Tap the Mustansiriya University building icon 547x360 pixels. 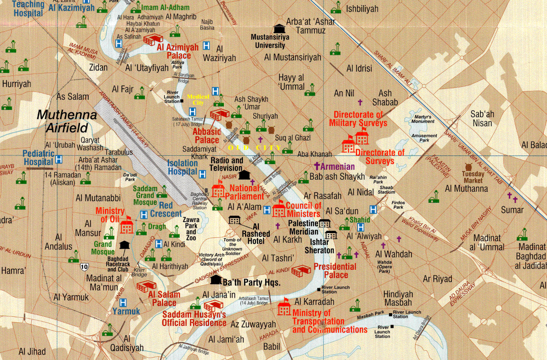click(279, 29)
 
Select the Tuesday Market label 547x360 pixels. click(473, 177)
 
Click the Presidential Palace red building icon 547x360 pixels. click(301, 271)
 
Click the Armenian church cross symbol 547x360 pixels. click(316, 166)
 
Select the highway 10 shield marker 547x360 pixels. click(84, 266)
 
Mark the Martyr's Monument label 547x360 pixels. click(423, 119)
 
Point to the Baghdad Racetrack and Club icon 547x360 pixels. click(124, 245)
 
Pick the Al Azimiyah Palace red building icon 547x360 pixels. click(154, 39)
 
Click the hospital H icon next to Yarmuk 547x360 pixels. click(123, 302)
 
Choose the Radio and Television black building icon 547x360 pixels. click(244, 175)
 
